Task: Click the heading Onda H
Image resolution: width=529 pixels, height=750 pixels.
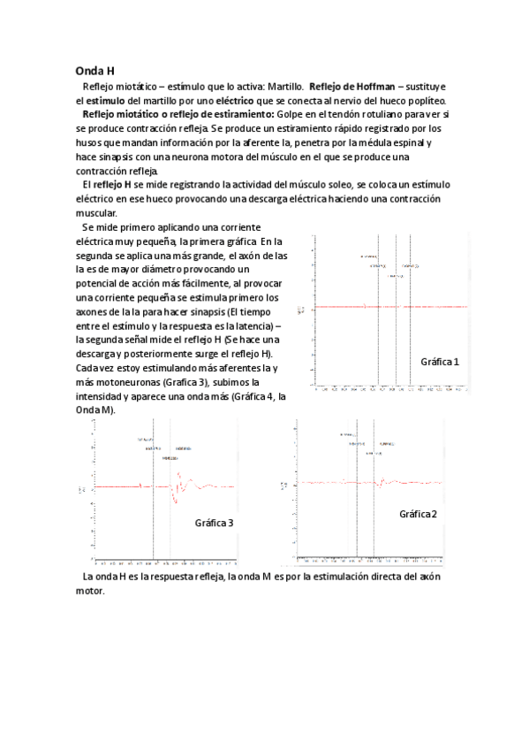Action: (94, 70)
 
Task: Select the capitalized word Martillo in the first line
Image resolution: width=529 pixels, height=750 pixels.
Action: (284, 87)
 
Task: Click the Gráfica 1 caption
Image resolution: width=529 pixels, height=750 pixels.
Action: (440, 362)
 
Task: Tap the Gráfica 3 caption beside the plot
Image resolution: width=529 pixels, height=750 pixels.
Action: (214, 523)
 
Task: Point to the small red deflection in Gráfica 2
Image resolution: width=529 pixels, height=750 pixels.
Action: (382, 483)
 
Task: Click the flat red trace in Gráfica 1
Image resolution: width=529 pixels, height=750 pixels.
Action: (371, 307)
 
